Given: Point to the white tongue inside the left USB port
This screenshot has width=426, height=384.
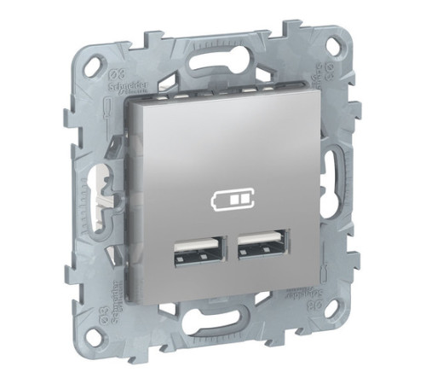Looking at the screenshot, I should coord(192,253).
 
